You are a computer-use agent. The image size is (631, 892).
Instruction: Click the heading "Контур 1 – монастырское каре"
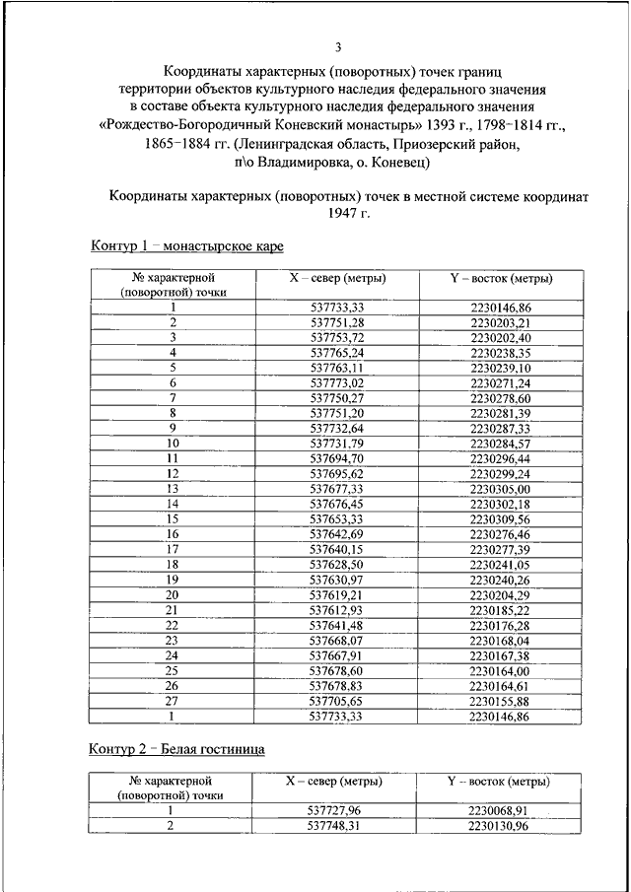pos(187,245)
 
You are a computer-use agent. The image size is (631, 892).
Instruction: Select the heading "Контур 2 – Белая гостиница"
pos(177,749)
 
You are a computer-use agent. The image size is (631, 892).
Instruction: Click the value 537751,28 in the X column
pos(337,322)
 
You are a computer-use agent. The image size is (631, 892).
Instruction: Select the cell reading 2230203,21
pos(500,322)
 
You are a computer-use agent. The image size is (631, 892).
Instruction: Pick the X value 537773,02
pos(337,381)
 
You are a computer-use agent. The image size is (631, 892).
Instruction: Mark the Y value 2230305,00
pos(500,488)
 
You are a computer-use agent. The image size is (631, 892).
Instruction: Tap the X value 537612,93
pos(337,610)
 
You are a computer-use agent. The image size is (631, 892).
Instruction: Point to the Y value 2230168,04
pos(500,640)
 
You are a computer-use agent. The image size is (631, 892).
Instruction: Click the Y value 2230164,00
pos(500,670)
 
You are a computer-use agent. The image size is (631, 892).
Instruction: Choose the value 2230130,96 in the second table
pos(500,826)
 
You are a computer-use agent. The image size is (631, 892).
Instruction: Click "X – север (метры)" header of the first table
pos(337,279)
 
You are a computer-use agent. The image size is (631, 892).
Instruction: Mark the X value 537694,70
pos(337,458)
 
